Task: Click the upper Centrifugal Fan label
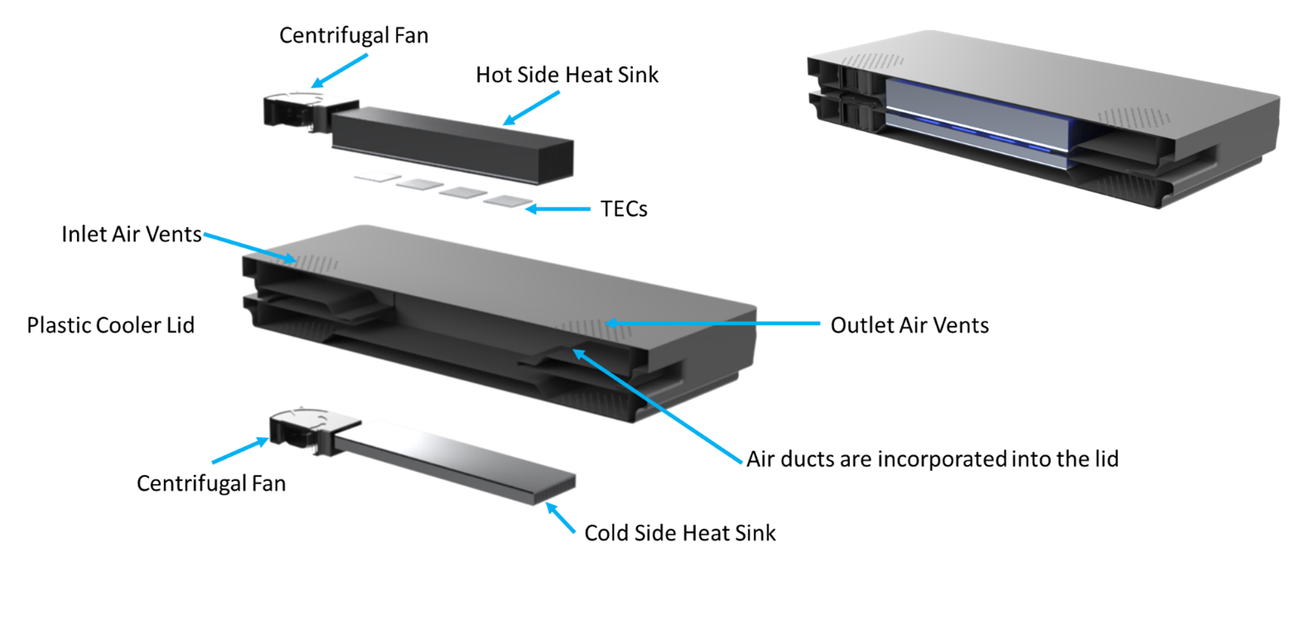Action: [354, 36]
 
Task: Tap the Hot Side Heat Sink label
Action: [567, 75]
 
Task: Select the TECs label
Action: [624, 209]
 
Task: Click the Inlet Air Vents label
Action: [131, 235]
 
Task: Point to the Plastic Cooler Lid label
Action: [111, 325]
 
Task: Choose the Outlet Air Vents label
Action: [910, 325]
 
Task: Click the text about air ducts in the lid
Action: [932, 459]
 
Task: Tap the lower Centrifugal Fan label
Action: [211, 483]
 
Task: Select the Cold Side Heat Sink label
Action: [680, 533]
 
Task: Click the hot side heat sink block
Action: [453, 143]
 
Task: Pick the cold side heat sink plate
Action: [454, 461]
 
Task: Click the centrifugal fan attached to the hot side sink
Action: [301, 110]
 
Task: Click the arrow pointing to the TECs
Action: [558, 209]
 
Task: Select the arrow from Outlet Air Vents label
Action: [712, 323]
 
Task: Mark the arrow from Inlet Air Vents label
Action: [249, 248]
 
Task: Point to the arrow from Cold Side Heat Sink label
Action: [560, 517]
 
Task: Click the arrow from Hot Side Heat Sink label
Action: [531, 108]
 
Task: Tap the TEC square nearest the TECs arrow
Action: [508, 201]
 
